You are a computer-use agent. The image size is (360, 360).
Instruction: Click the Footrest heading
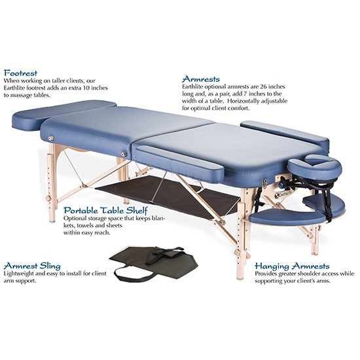[x=21, y=73]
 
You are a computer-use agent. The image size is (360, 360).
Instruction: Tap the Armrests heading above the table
[x=201, y=79]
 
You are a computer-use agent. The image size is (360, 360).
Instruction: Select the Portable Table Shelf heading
[x=105, y=210]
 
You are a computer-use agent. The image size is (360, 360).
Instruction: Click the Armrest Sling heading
[x=32, y=266]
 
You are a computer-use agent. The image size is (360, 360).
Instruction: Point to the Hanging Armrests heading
[x=292, y=266]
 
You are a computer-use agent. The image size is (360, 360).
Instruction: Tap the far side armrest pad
[x=285, y=134]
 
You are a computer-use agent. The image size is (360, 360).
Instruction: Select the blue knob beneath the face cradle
[x=281, y=185]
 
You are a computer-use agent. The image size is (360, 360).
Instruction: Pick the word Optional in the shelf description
[x=74, y=219]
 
